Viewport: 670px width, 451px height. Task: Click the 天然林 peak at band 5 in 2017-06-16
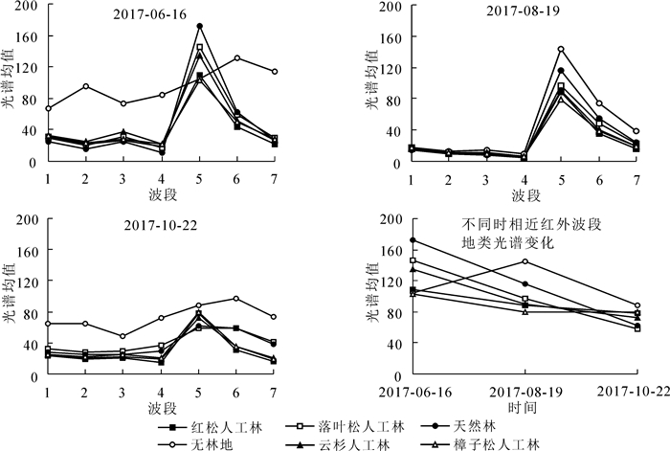click(199, 27)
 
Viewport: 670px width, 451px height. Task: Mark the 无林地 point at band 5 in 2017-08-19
click(561, 49)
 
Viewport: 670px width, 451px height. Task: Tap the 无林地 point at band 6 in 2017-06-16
click(236, 58)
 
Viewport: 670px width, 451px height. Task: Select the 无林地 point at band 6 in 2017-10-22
click(236, 299)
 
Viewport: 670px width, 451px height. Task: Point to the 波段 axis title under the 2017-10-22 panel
click(161, 406)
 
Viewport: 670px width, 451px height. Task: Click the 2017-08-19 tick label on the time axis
click(525, 392)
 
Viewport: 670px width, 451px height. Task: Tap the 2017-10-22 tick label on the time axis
click(636, 392)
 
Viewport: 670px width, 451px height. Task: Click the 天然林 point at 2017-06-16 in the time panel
click(413, 240)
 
